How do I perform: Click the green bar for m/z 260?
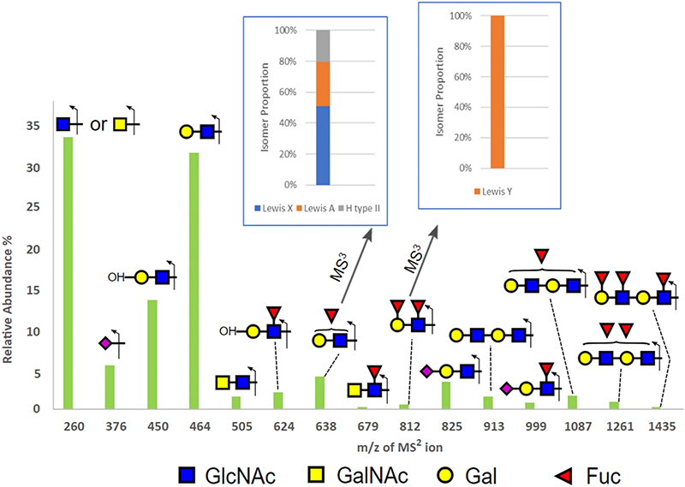tap(68, 273)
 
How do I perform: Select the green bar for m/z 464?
tap(194, 281)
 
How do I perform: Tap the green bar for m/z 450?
tap(152, 354)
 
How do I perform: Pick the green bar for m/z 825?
tap(446, 395)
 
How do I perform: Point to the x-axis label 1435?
tap(662, 426)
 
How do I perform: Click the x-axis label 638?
tap(326, 426)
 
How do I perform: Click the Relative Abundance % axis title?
tap(8, 300)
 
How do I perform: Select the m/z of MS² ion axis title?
tap(400, 447)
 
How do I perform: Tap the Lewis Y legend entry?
tap(493, 192)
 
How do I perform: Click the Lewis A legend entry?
tap(316, 208)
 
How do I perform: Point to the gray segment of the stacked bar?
tap(323, 46)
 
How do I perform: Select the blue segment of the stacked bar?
tap(323, 146)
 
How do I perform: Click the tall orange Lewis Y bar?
tap(497, 92)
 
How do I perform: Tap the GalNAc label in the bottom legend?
tap(372, 476)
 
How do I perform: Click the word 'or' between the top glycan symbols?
tap(98, 124)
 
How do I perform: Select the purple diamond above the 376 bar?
tap(105, 343)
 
